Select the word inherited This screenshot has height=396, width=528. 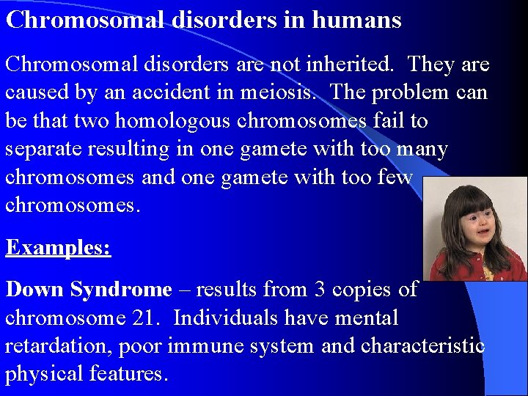[349, 65]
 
